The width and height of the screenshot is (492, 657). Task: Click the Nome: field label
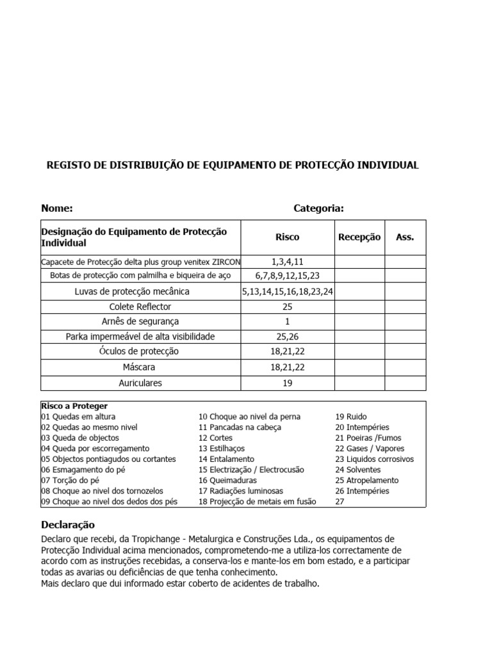(57, 208)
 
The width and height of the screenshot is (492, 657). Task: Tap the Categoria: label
(318, 208)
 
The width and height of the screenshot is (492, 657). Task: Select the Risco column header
(287, 237)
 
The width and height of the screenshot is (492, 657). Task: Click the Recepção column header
(359, 237)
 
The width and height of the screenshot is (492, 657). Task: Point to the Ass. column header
(405, 237)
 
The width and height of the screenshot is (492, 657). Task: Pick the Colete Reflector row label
(140, 307)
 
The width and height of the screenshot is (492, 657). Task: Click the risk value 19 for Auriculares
(287, 383)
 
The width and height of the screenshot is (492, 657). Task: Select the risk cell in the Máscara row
(287, 367)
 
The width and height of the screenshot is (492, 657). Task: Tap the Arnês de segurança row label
(140, 321)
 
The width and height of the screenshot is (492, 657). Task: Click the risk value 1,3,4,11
(287, 262)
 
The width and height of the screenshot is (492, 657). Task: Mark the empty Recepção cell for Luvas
(359, 291)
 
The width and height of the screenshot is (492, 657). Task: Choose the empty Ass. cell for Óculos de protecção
(405, 352)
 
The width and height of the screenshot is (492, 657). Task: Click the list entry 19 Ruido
(351, 416)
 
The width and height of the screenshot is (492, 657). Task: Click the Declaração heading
(68, 524)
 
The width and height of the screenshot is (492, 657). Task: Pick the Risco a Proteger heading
(74, 406)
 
